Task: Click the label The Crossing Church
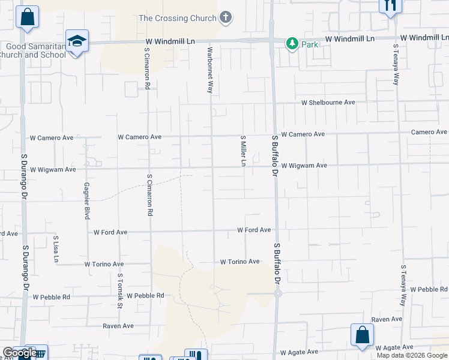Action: click(177, 18)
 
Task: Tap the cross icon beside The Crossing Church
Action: click(226, 17)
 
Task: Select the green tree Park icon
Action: click(292, 43)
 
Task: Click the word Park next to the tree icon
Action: click(310, 44)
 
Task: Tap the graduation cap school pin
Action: click(77, 41)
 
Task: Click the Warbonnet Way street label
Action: click(210, 70)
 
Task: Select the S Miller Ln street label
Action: click(244, 151)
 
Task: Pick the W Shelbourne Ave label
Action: click(328, 103)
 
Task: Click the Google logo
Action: click(19, 353)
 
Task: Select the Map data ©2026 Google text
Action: click(412, 355)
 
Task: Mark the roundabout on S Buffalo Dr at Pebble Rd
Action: click(278, 293)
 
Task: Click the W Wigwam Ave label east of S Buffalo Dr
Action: click(304, 165)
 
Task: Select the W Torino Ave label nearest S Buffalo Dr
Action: click(240, 262)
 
